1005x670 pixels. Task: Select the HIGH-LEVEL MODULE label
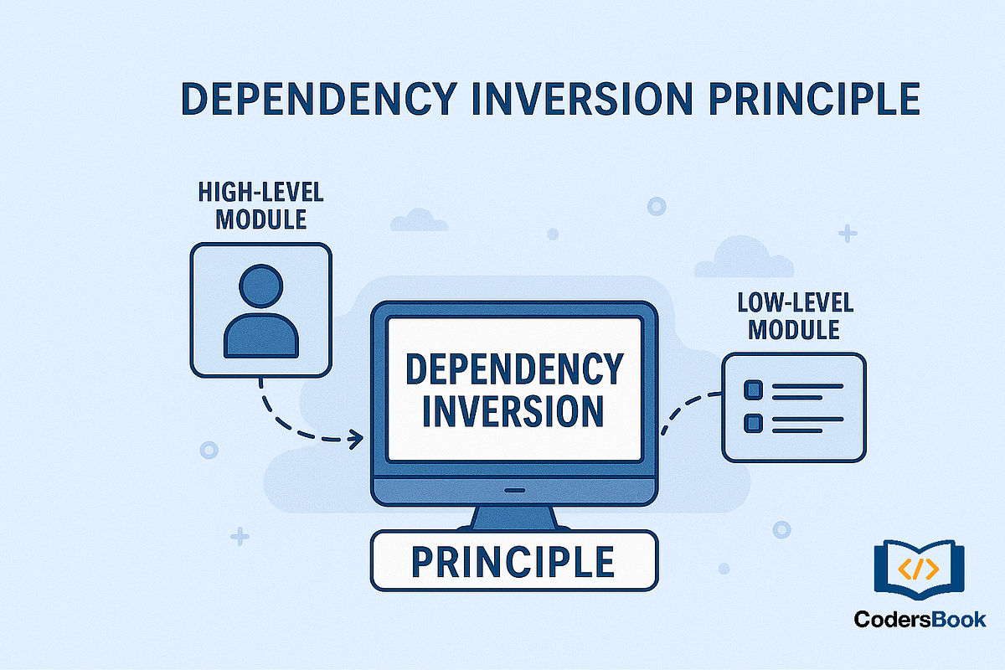point(260,205)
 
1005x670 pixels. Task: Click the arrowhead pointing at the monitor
point(357,436)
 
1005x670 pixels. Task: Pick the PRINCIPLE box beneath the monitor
point(514,560)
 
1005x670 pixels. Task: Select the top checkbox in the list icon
point(753,389)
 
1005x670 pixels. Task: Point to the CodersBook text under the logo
point(920,621)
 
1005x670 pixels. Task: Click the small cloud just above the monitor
point(419,219)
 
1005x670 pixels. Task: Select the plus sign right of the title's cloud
point(848,234)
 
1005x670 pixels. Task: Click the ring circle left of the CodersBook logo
point(781,529)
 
